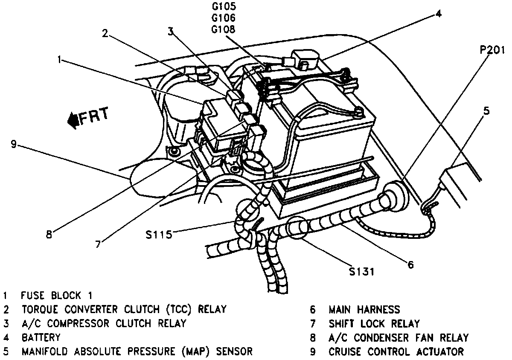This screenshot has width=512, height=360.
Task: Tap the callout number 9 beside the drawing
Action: (x=14, y=144)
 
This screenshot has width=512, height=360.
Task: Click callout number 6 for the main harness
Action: (x=410, y=265)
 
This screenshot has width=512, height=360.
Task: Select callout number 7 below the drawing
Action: (x=98, y=244)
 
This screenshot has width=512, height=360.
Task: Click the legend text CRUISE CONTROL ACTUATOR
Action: (x=396, y=352)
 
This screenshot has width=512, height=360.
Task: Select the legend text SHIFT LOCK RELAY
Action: (x=374, y=324)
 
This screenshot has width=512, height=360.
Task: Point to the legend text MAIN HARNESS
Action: (x=364, y=310)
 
